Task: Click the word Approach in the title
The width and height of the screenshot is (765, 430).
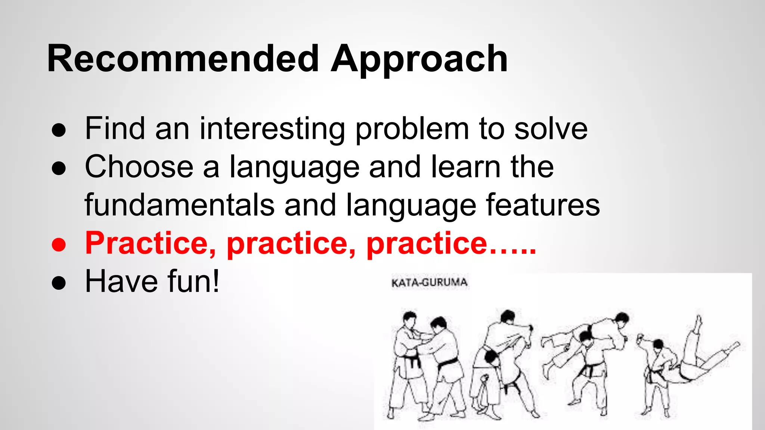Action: point(419,60)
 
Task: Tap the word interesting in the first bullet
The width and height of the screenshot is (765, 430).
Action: point(272,129)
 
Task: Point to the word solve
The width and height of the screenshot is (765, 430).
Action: point(551,129)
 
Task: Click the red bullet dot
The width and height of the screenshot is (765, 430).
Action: point(59,245)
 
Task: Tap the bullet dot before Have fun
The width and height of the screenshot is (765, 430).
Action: point(59,283)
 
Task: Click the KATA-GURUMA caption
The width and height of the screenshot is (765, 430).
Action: point(429,283)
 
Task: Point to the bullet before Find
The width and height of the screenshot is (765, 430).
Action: point(59,131)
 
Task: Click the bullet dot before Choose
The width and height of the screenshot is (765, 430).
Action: point(59,169)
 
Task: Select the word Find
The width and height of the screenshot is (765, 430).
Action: point(115,129)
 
